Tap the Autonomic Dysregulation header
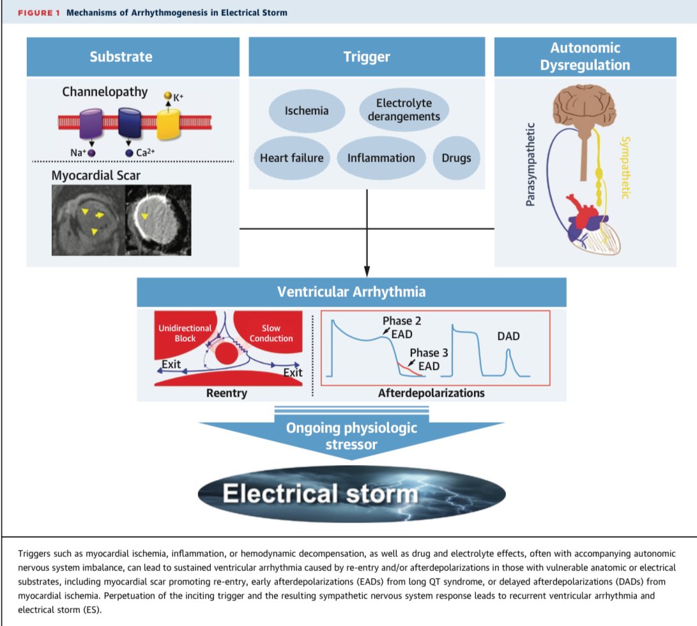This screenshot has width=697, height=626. click(585, 56)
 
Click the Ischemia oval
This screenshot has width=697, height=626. click(307, 111)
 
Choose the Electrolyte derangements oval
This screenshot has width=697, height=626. click(404, 109)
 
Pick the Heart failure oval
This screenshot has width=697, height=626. click(291, 158)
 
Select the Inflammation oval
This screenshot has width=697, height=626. click(381, 158)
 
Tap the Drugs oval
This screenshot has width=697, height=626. click(456, 158)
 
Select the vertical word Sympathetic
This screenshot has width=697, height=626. click(625, 167)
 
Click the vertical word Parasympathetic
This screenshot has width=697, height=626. click(530, 165)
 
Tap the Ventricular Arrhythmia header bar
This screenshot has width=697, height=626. click(351, 292)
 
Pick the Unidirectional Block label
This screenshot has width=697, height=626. click(185, 333)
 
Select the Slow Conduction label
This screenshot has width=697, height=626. click(272, 333)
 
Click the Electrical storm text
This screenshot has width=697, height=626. click(319, 494)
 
